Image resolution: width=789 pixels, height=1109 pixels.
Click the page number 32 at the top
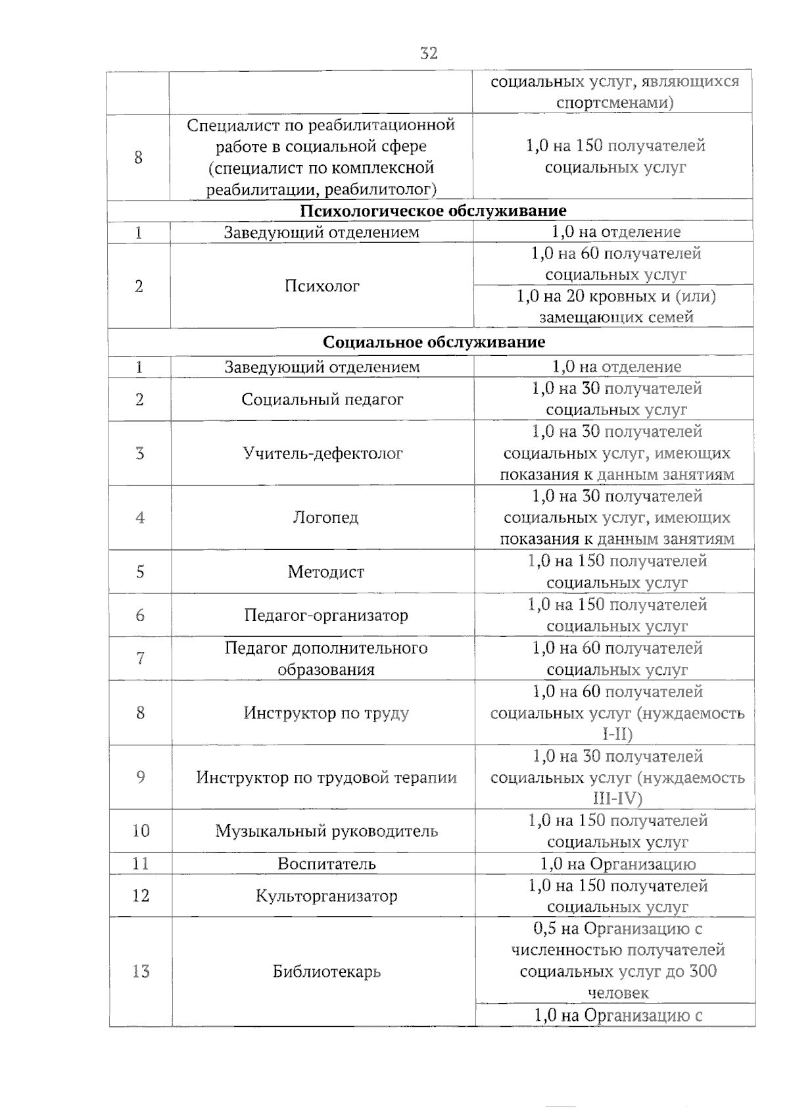[429, 53]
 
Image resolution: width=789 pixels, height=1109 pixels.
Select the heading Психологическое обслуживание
[433, 210]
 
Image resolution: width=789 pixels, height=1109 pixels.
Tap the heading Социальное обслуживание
[434, 342]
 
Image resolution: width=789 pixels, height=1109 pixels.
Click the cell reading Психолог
[322, 286]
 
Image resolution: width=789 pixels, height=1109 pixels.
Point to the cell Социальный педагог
[322, 399]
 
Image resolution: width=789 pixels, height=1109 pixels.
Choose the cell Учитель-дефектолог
[323, 453]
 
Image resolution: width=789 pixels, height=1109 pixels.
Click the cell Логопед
[325, 518]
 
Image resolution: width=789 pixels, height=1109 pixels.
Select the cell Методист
[325, 572]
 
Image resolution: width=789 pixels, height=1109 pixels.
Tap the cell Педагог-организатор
[326, 615]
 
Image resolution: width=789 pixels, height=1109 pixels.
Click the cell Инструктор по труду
[326, 713]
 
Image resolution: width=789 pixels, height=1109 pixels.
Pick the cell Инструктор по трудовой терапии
[326, 777]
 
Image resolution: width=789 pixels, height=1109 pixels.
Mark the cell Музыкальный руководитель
[326, 831]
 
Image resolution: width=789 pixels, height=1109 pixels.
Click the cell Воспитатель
[326, 864]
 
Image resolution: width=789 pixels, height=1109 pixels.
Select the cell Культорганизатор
[326, 896]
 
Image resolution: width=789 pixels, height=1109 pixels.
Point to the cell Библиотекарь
[327, 972]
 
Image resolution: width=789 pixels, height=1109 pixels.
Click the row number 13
[141, 972]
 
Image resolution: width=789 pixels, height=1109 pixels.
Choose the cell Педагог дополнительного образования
[326, 658]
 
